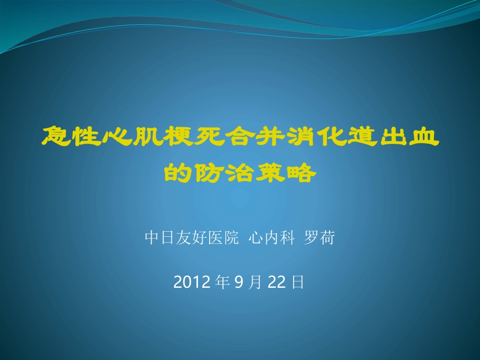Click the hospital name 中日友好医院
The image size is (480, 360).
click(x=191, y=238)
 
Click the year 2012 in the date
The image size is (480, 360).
click(x=191, y=282)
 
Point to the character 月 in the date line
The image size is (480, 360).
click(x=255, y=282)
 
